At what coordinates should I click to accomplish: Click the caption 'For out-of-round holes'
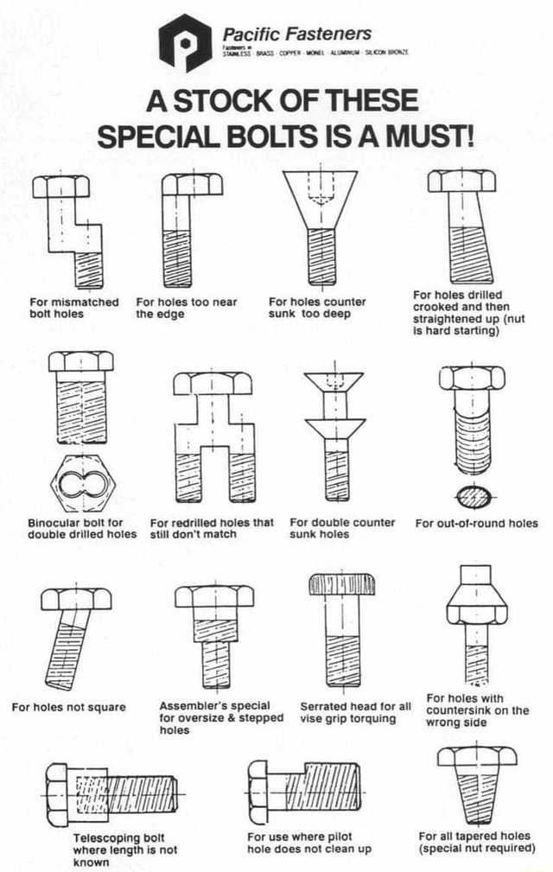pos(476,523)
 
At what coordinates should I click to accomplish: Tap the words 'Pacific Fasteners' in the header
pos(297,34)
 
